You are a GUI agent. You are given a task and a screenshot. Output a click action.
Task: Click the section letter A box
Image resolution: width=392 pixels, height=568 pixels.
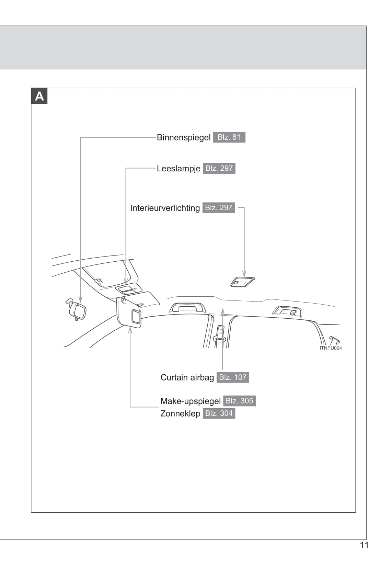[x=39, y=96]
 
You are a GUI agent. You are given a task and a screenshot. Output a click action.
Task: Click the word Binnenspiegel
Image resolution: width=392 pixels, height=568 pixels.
[x=183, y=137]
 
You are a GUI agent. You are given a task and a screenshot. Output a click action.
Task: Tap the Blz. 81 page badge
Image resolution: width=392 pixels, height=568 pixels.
[x=229, y=137]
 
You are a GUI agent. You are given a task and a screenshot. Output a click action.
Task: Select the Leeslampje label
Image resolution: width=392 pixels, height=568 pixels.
[x=178, y=169]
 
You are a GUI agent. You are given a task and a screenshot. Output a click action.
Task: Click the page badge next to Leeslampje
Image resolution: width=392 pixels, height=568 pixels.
[x=219, y=169]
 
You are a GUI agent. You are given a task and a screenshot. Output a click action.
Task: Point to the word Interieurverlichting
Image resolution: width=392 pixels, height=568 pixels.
[x=165, y=208]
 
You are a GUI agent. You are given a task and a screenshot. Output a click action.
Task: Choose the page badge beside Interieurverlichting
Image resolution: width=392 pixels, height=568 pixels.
[x=219, y=208]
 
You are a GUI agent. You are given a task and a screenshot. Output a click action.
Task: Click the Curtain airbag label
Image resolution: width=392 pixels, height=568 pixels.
[x=187, y=377]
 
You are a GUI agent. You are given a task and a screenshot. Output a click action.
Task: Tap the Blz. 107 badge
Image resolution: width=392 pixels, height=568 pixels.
[x=233, y=377]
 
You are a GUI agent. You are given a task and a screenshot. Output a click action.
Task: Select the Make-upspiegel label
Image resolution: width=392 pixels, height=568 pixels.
[x=190, y=401]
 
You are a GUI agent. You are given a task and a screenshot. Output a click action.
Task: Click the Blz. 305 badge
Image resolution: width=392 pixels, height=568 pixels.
[x=239, y=401]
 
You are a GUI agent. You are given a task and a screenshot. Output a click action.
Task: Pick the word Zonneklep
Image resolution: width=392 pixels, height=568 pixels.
[x=180, y=413]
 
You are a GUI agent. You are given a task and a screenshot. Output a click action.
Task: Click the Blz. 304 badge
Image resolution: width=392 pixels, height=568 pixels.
[x=219, y=413]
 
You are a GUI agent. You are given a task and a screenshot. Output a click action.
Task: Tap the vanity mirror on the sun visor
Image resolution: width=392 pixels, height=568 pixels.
[x=136, y=316]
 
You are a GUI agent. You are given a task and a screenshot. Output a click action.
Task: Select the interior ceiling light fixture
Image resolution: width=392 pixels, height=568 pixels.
[x=242, y=282]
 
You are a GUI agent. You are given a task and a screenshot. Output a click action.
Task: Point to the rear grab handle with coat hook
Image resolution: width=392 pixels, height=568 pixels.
[x=288, y=311]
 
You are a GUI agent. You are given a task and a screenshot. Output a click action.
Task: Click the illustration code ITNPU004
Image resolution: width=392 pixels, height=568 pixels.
[x=331, y=348]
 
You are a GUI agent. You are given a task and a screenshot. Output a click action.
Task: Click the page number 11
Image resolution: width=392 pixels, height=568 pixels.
[x=364, y=545]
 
